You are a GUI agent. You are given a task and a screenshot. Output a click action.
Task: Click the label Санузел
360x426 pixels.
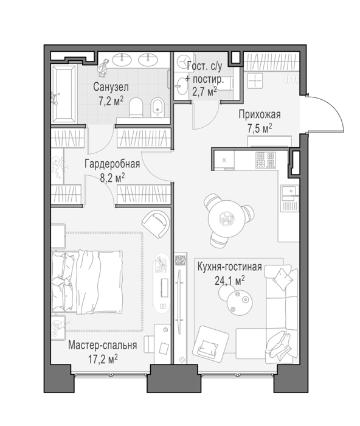tap(111, 87)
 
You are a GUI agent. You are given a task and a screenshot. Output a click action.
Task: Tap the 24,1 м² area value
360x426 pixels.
tap(229, 281)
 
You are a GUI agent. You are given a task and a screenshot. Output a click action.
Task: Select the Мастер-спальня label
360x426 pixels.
tap(103, 345)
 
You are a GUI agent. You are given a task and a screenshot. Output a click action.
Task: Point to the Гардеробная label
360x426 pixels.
tap(112, 164)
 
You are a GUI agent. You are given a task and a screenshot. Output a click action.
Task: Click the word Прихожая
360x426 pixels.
tap(260, 114)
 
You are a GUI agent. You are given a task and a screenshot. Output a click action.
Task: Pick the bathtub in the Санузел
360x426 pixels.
tap(64, 94)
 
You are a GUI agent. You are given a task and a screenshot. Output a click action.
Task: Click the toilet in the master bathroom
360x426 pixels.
tap(136, 108)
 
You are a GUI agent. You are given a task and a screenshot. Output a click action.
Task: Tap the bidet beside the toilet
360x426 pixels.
tap(157, 108)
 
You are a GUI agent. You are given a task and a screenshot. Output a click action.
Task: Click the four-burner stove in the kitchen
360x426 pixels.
tap(266, 160)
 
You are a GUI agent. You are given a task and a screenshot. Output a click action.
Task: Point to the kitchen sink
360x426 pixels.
tap(289, 190)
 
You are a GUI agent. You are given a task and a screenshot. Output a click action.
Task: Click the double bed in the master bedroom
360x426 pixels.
tap(87, 282)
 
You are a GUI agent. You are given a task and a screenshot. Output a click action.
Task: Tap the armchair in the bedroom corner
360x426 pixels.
tap(156, 224)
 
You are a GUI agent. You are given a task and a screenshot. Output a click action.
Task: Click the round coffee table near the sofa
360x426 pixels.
tap(240, 302)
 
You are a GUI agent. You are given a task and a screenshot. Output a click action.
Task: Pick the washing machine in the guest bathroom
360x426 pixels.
tap(183, 62)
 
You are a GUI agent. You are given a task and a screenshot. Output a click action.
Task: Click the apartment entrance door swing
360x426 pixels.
tap(326, 114)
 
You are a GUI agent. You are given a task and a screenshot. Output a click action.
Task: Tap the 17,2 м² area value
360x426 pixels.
tap(103, 359)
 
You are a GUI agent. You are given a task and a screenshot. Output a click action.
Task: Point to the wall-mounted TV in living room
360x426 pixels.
tap(178, 299)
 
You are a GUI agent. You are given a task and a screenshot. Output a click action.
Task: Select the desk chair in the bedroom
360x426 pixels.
tap(150, 345)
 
